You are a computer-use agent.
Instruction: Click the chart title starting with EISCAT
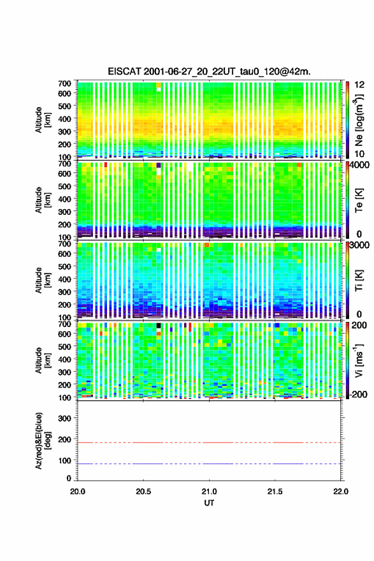[209, 71]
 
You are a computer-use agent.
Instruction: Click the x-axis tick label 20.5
[143, 492]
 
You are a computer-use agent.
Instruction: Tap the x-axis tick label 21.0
[209, 492]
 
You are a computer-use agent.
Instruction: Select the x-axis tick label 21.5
[275, 492]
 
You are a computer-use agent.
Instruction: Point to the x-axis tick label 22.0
[340, 492]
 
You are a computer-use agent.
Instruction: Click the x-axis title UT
[209, 503]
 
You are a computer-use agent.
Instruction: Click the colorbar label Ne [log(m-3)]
[359, 120]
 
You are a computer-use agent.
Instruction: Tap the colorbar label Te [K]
[359, 200]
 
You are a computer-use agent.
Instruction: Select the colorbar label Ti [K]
[359, 280]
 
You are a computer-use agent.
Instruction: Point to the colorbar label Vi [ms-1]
[359, 360]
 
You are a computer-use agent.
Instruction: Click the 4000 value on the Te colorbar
[360, 166]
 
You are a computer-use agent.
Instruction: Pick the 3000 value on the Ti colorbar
[360, 245]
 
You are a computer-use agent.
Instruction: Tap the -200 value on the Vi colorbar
[358, 394]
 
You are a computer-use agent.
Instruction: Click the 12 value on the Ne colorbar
[360, 85]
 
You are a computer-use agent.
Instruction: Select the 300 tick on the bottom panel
[65, 418]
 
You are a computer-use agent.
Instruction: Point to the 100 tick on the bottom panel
[65, 460]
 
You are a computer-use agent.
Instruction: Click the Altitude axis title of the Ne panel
[43, 120]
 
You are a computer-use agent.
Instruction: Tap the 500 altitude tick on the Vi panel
[65, 346]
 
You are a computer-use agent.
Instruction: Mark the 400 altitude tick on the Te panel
[65, 199]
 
